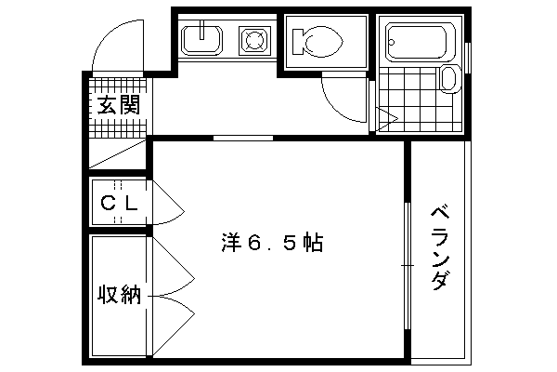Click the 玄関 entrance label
[x=119, y=105]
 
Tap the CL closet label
[x=119, y=204]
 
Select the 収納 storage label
[x=120, y=294]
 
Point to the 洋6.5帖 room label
[x=272, y=243]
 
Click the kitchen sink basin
[x=201, y=40]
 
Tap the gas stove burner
[x=254, y=39]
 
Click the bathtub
[x=416, y=42]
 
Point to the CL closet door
[x=168, y=203]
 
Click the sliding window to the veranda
[x=408, y=266]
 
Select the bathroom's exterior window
[x=468, y=58]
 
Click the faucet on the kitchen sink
[x=201, y=30]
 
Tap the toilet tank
[x=298, y=41]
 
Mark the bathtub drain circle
[x=392, y=43]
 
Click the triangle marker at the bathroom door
[x=387, y=118]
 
